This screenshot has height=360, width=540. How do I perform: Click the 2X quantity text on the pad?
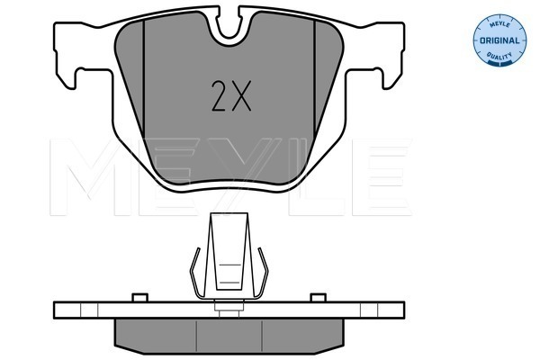(x=231, y=96)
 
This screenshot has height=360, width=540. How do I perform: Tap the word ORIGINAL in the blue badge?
(x=499, y=40)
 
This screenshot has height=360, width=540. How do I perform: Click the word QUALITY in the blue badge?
(x=499, y=56)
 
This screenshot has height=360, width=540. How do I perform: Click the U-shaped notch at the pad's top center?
(x=229, y=28)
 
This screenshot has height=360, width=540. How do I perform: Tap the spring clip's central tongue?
(x=229, y=251)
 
